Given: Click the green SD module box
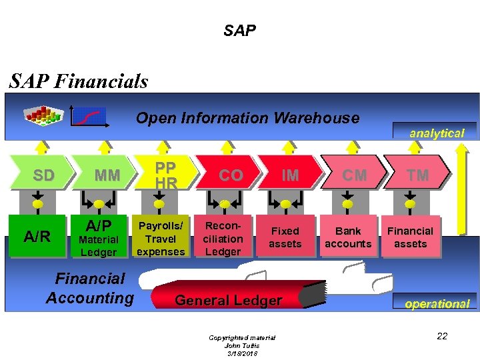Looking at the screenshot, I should click(44, 175).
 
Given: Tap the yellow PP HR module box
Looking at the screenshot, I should click(165, 175).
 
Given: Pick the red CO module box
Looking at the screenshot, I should click(230, 175).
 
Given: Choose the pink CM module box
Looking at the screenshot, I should click(354, 175).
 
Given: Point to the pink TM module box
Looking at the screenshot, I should click(418, 175).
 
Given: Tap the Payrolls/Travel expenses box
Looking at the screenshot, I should click(160, 237).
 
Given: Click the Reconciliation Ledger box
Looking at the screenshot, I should click(223, 237).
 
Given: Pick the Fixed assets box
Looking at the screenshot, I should click(285, 237).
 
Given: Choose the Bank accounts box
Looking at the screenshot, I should click(348, 237).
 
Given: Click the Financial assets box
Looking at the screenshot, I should click(411, 237).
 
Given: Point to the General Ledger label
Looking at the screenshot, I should click(228, 301).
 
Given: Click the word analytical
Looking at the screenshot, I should click(437, 133).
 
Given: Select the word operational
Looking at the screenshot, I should click(437, 303).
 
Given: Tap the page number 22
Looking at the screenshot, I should click(442, 336).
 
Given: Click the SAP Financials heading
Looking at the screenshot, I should click(79, 81).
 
